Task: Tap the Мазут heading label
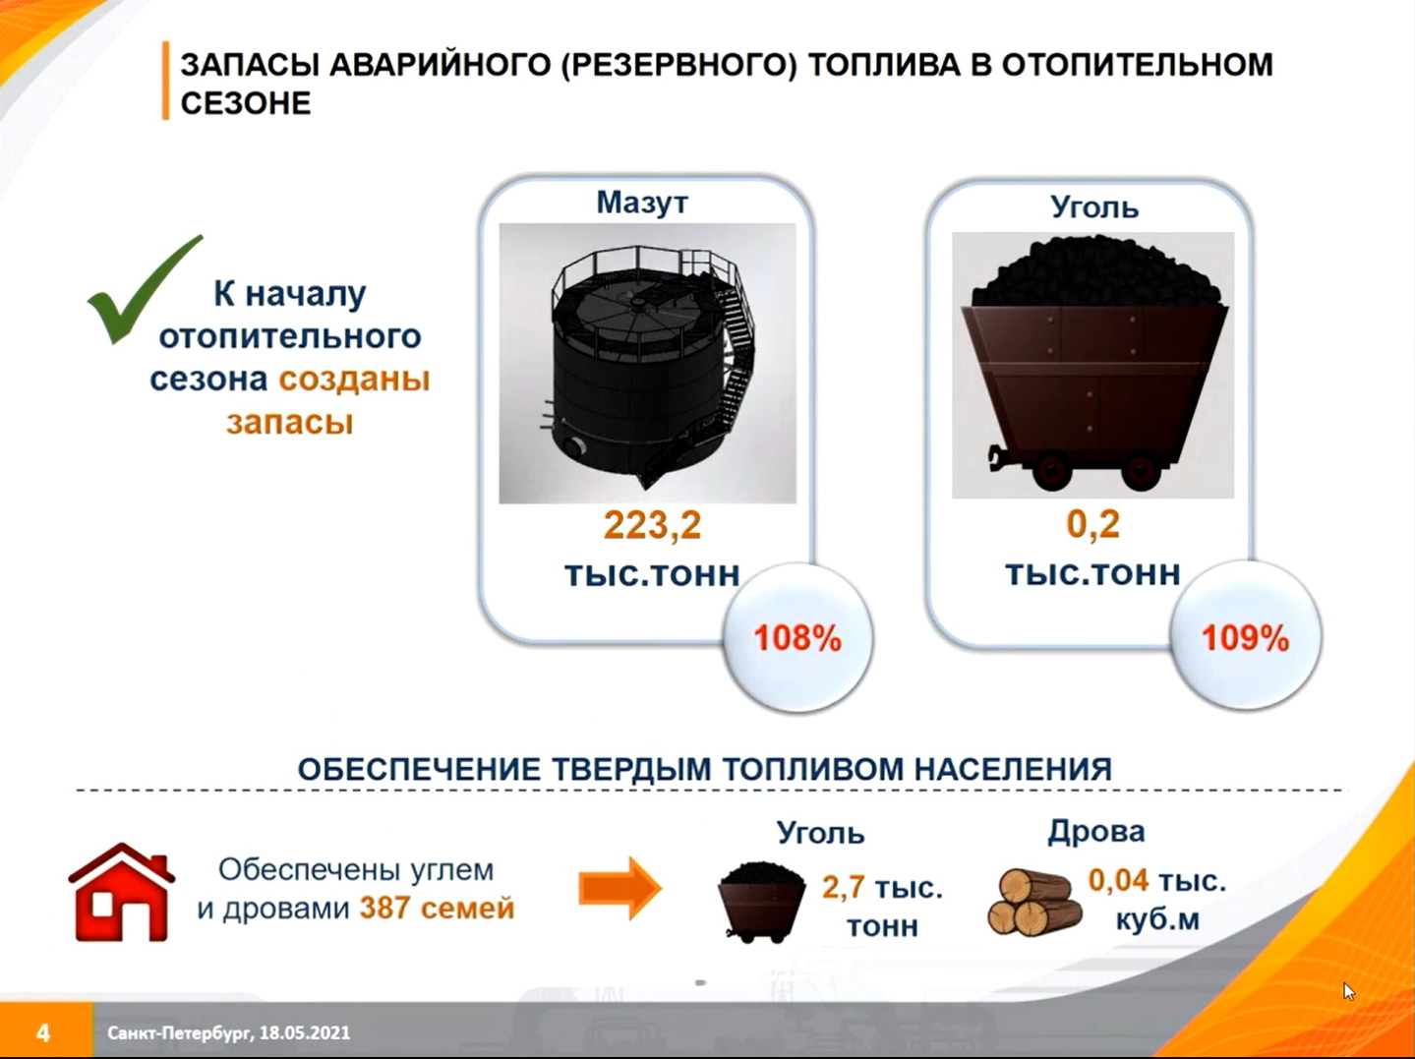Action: point(642,203)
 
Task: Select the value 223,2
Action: point(652,525)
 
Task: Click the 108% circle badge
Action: point(797,638)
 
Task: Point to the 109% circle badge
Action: point(1245,638)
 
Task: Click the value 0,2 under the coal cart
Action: point(1092,523)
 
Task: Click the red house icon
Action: point(121,892)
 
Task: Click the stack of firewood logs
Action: point(1034,903)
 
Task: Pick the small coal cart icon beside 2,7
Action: point(761,903)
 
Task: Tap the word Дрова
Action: point(1095,831)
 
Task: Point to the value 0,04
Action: point(1118,880)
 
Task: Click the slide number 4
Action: point(43,1033)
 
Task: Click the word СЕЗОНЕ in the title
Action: point(246,103)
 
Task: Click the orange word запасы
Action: point(289,423)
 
